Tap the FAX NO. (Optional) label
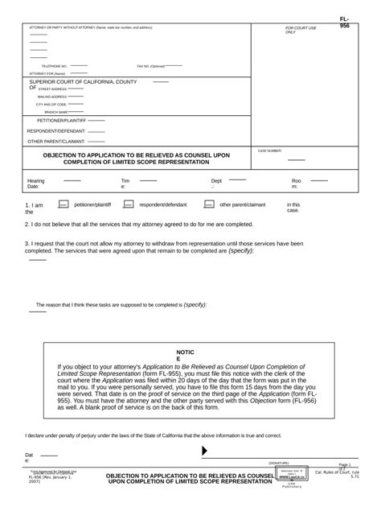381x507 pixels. [x=150, y=66]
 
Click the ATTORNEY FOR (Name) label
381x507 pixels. [x=47, y=73]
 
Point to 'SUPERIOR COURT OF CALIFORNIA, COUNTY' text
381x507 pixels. [x=83, y=82]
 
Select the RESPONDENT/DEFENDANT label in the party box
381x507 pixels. [x=55, y=130]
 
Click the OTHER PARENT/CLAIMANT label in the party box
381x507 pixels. [x=56, y=141]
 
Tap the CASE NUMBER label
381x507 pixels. [x=269, y=150]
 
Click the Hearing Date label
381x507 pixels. [x=36, y=184]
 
